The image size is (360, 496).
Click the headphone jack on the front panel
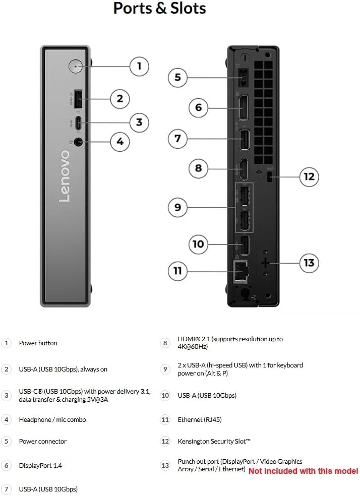click(77, 142)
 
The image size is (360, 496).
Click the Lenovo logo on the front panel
click(65, 176)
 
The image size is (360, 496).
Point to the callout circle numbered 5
click(177, 77)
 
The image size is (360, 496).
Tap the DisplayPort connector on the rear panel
click(243, 108)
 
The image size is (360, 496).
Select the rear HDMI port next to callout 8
click(243, 169)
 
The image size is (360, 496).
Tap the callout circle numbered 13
click(309, 263)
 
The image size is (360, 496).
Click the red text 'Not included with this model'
click(303, 471)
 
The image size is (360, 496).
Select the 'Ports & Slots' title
click(159, 9)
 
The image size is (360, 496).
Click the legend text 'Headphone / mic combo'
click(52, 419)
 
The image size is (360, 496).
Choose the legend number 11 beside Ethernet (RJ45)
click(165, 419)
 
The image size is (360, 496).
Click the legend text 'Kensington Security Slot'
click(214, 441)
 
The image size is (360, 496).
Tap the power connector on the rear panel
click(243, 78)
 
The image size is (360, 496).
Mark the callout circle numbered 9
click(177, 207)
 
